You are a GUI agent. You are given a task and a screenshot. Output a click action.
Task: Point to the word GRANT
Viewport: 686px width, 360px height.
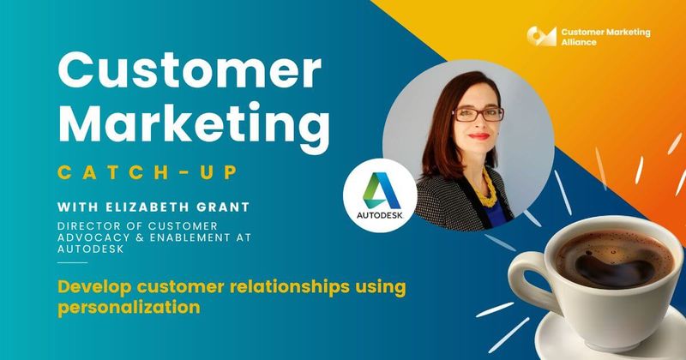click(224, 207)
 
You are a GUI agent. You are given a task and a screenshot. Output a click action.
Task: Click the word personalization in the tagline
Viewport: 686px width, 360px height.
click(128, 306)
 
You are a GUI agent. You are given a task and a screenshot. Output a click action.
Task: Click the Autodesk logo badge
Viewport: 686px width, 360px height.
click(380, 195)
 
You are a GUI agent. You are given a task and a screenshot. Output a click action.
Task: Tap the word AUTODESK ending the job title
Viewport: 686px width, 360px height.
click(88, 249)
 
